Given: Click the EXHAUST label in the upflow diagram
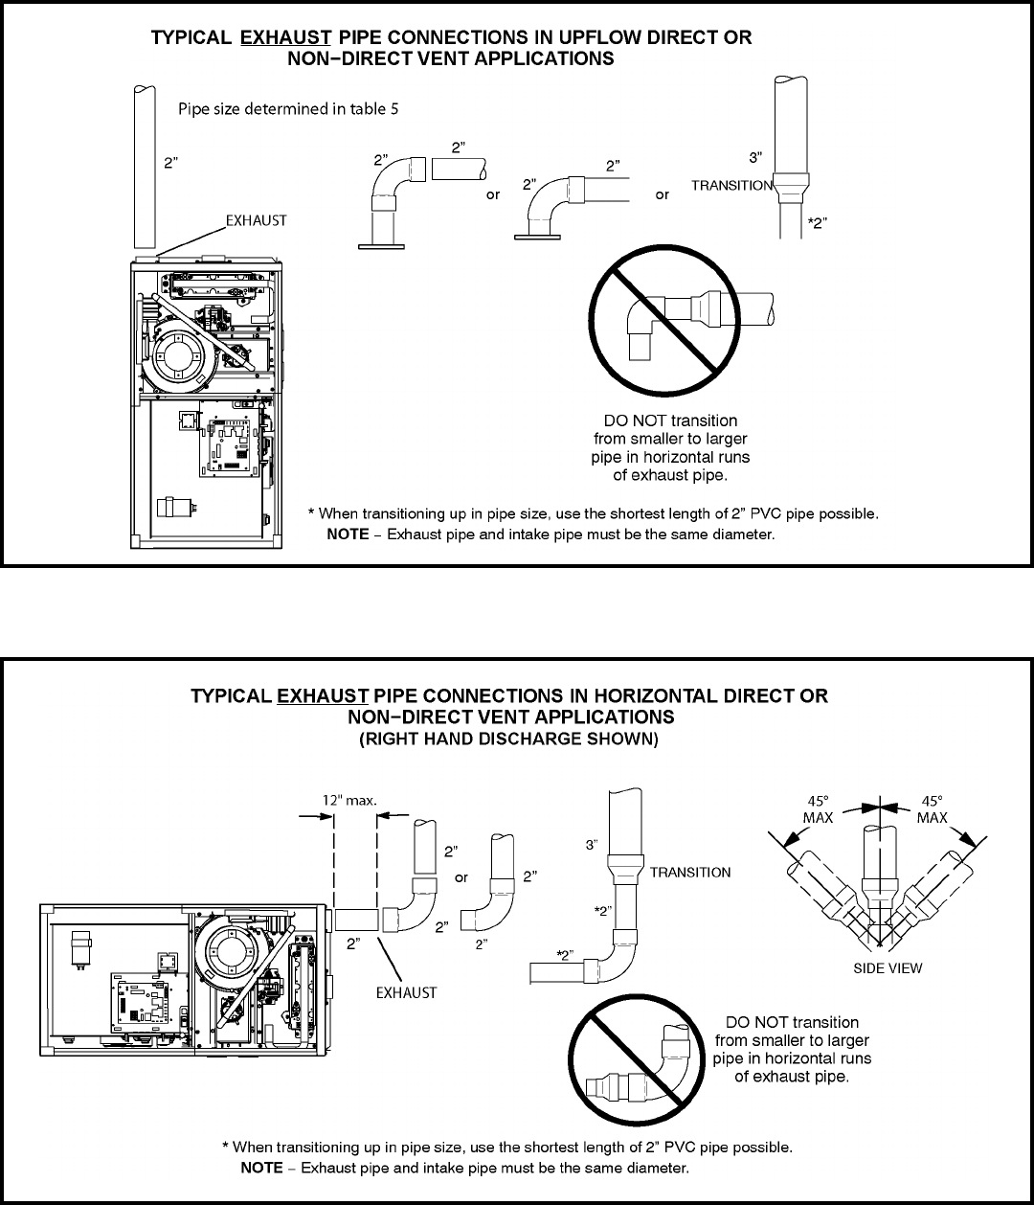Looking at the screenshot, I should (256, 220).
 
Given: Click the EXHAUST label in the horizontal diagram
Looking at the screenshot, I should (405, 992).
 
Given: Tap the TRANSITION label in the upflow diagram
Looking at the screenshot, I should (732, 186).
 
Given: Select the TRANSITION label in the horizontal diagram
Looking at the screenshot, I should (690, 872).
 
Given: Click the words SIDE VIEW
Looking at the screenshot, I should (888, 967).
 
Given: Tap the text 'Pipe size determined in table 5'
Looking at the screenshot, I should (288, 109).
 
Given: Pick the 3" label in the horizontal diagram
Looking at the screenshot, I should (594, 844).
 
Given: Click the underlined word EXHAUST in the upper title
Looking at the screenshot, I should (285, 38).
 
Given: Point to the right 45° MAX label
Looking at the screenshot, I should (932, 807).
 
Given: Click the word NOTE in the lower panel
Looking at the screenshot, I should (261, 1168).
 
